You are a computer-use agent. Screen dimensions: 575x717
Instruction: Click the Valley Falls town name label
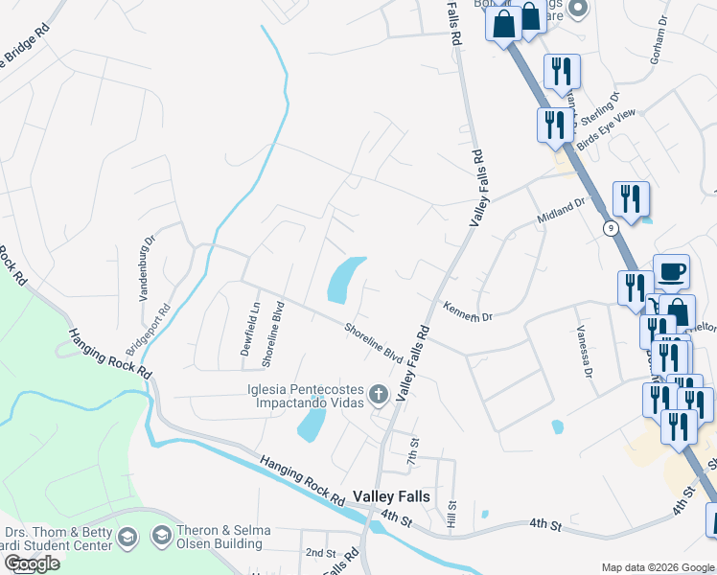[x=392, y=495]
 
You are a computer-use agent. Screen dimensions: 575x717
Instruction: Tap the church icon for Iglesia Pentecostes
[x=379, y=394]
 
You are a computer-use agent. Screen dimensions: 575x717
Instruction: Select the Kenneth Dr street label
[x=467, y=310]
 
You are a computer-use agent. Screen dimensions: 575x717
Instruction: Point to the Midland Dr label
[x=561, y=210]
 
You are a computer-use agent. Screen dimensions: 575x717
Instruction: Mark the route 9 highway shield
[x=609, y=228]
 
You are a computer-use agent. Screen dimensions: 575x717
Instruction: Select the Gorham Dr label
[x=661, y=34]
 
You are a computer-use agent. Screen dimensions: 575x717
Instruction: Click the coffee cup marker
[x=671, y=269]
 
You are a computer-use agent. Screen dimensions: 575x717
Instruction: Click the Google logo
[x=32, y=563]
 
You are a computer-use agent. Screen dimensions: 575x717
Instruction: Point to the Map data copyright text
[x=658, y=567]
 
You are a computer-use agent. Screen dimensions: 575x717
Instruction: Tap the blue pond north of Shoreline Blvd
[x=346, y=279]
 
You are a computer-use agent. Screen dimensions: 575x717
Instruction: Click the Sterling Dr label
[x=600, y=104]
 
